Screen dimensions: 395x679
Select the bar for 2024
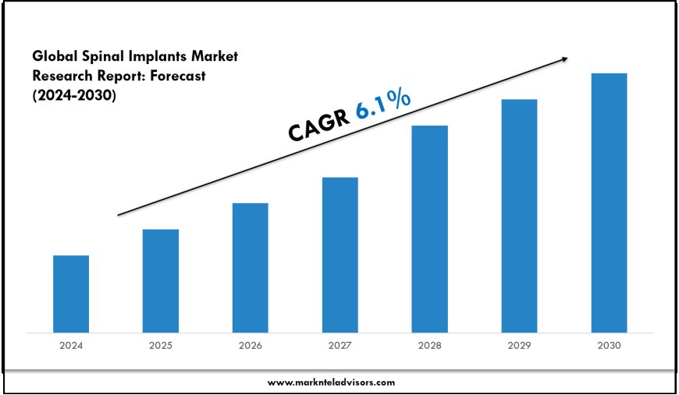click(71, 294)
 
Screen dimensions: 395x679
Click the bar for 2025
click(161, 280)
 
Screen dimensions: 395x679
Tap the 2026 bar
click(250, 268)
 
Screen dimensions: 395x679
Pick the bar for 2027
click(340, 254)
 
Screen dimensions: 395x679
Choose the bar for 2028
click(429, 229)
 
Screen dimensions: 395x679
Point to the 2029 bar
click(519, 215)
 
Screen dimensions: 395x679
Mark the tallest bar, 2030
click(609, 202)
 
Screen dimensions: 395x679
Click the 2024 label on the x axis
click(71, 345)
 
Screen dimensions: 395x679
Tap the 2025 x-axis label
click(161, 345)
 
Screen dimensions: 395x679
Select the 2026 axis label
click(250, 345)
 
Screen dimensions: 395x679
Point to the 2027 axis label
click(340, 345)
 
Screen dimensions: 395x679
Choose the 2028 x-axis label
click(429, 345)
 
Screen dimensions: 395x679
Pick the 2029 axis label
click(519, 345)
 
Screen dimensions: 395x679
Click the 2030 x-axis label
click(609, 345)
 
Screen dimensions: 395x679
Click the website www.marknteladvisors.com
click(331, 383)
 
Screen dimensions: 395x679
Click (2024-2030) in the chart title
click(74, 95)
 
